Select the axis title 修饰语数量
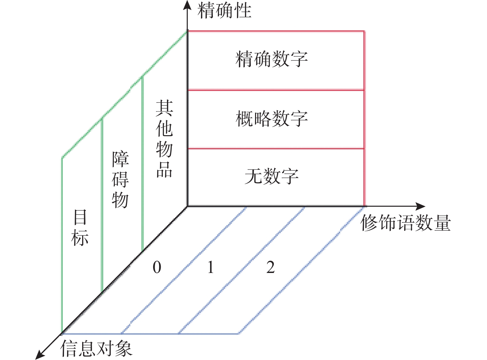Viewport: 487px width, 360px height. [405, 223]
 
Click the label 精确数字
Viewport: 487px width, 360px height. [272, 59]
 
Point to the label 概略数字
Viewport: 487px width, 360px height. [272, 118]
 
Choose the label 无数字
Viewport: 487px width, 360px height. [272, 176]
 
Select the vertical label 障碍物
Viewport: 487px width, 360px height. [120, 179]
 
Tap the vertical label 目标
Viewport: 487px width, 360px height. [80, 227]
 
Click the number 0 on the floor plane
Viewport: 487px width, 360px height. [157, 267]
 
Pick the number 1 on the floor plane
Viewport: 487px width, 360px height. [211, 267]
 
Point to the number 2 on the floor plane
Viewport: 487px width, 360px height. [271, 267]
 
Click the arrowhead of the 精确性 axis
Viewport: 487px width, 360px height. [187, 4]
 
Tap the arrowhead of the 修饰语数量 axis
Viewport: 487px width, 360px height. [421, 206]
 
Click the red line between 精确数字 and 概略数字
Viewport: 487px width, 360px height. [276, 90]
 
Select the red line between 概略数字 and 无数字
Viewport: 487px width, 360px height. [276, 149]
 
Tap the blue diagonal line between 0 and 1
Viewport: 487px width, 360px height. [184, 270]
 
